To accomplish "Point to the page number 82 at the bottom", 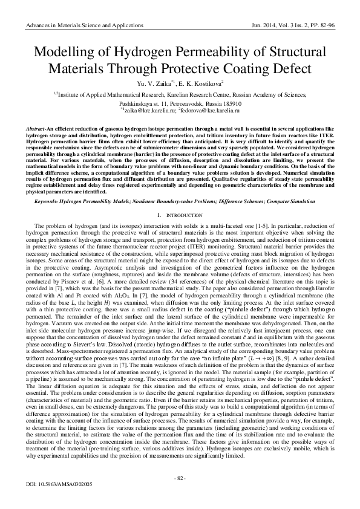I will pos(180,479).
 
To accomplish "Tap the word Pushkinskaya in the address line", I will pos(146,103).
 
